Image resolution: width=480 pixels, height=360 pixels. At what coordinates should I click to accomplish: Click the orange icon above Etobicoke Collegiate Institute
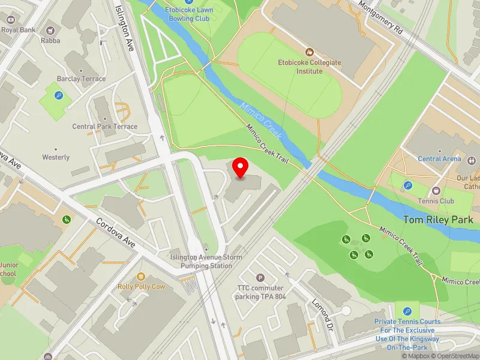click(x=310, y=52)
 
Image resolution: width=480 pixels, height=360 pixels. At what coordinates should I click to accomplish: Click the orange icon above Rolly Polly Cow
click(x=141, y=276)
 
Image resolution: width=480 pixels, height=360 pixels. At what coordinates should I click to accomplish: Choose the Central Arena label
click(x=439, y=159)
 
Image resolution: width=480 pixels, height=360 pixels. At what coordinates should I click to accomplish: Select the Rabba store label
click(x=50, y=41)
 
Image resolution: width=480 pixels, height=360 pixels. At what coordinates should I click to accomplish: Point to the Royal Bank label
click(x=17, y=29)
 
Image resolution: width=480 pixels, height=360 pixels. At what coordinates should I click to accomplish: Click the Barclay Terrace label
click(x=81, y=79)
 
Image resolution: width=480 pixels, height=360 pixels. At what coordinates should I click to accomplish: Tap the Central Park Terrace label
click(x=104, y=127)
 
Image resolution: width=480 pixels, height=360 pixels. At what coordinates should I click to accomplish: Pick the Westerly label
click(x=56, y=157)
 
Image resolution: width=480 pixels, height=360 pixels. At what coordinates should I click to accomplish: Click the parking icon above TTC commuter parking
click(x=260, y=277)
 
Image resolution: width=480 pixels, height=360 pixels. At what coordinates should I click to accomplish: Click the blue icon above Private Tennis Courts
click(x=408, y=311)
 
